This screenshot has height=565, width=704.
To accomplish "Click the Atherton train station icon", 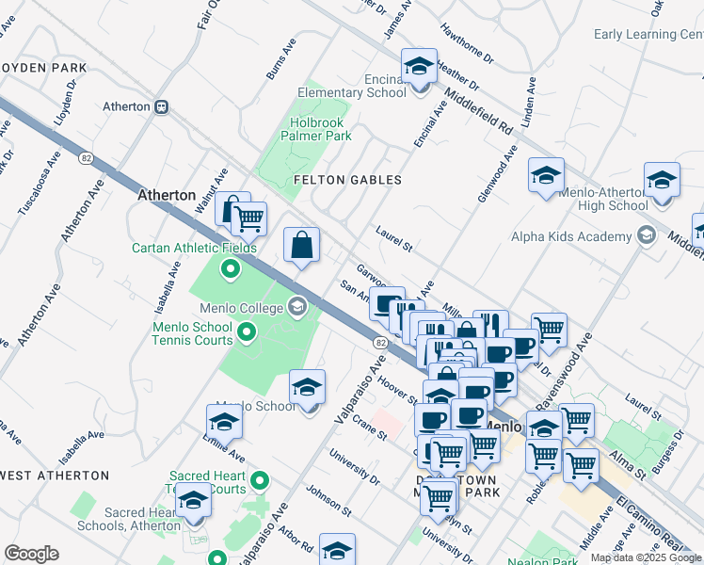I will tap(163, 106).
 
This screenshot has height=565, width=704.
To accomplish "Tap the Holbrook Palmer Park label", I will tap(315, 129).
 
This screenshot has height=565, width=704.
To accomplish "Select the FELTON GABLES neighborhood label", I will tap(347, 180).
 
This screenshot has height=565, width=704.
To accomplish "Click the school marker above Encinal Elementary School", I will tap(419, 67).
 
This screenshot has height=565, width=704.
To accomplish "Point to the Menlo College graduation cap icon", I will tap(297, 307).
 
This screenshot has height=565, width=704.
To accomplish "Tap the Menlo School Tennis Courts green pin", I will tap(247, 331).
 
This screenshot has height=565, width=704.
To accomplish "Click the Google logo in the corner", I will tap(31, 553).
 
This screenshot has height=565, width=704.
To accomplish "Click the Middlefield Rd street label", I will tap(478, 111).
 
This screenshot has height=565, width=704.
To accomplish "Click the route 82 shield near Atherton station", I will tap(87, 158).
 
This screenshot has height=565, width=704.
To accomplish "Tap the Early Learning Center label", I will tap(648, 35).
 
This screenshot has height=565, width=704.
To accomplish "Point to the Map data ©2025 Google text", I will tap(646, 557).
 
